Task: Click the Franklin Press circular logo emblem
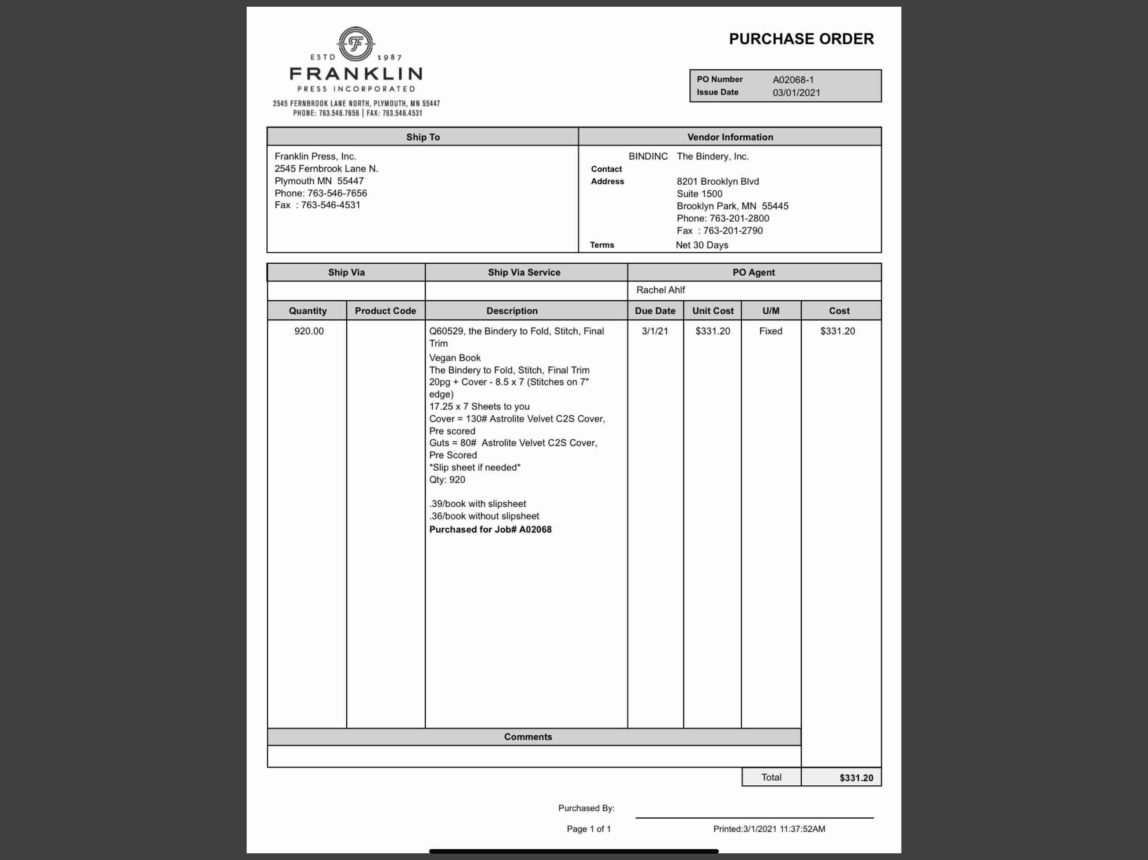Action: [x=355, y=44]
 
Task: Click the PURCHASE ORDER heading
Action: [x=801, y=39]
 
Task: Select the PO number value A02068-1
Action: [x=793, y=80]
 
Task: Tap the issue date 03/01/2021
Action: [x=796, y=93]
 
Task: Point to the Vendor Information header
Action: [x=730, y=137]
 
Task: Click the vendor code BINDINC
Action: [x=648, y=157]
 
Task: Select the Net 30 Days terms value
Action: [x=702, y=245]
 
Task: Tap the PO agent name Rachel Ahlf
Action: [x=660, y=290]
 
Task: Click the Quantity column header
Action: [x=307, y=311]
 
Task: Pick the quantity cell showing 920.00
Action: [x=309, y=331]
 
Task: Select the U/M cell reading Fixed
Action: [x=770, y=331]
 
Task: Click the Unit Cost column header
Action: [x=713, y=311]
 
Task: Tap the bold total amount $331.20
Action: [x=856, y=778]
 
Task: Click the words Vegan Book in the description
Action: [x=455, y=358]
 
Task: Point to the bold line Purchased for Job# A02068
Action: [x=490, y=530]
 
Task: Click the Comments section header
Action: [x=528, y=737]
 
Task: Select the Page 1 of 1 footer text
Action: [x=589, y=829]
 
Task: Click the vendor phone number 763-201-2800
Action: [x=739, y=218]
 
